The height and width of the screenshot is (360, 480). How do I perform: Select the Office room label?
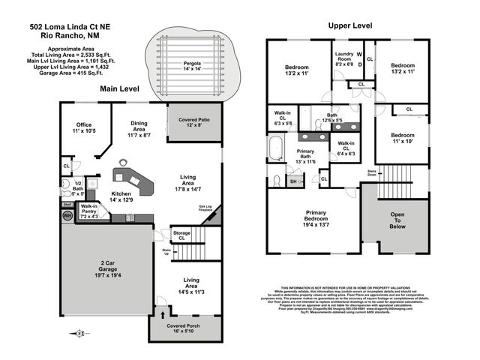click(84, 127)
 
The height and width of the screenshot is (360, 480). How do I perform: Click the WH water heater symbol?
click(67, 216)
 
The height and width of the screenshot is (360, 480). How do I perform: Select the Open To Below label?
click(397, 222)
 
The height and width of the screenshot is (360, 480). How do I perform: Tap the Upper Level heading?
click(350, 25)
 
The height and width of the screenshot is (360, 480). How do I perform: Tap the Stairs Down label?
click(372, 172)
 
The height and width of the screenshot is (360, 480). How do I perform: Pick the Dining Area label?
click(139, 131)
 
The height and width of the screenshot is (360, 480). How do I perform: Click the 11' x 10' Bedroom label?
click(402, 139)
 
